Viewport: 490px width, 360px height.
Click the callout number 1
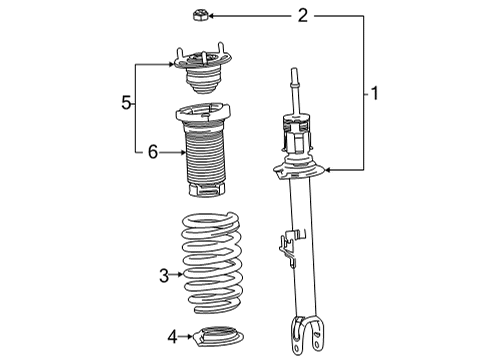pos(374,95)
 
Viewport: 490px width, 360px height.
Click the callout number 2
pos(302,15)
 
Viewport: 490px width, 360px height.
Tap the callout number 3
pos(163,272)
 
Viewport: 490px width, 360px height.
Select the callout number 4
pos(172,335)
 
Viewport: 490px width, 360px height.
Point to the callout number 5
pos(126,103)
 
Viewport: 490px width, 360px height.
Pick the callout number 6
pos(152,152)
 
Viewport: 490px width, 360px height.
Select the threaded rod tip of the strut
pos(297,74)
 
